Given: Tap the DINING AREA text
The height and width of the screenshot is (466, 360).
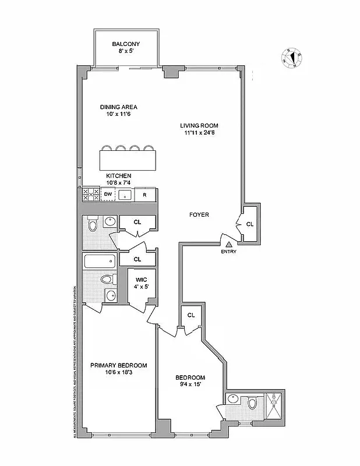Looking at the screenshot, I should (122, 107).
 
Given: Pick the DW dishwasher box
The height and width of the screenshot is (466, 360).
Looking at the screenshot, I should (107, 195).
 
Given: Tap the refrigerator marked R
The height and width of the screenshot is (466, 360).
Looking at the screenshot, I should (144, 195).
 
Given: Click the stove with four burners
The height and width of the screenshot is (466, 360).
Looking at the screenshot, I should (90, 195).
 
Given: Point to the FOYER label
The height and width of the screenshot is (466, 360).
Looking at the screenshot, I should (199, 215).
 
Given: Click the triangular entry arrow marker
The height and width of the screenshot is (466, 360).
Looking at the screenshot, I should (229, 245).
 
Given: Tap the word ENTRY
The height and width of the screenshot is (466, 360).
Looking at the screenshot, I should (229, 252).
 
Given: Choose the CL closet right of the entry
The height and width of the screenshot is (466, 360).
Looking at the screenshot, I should (250, 224).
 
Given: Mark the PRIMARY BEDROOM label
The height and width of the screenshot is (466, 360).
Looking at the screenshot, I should (118, 365).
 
